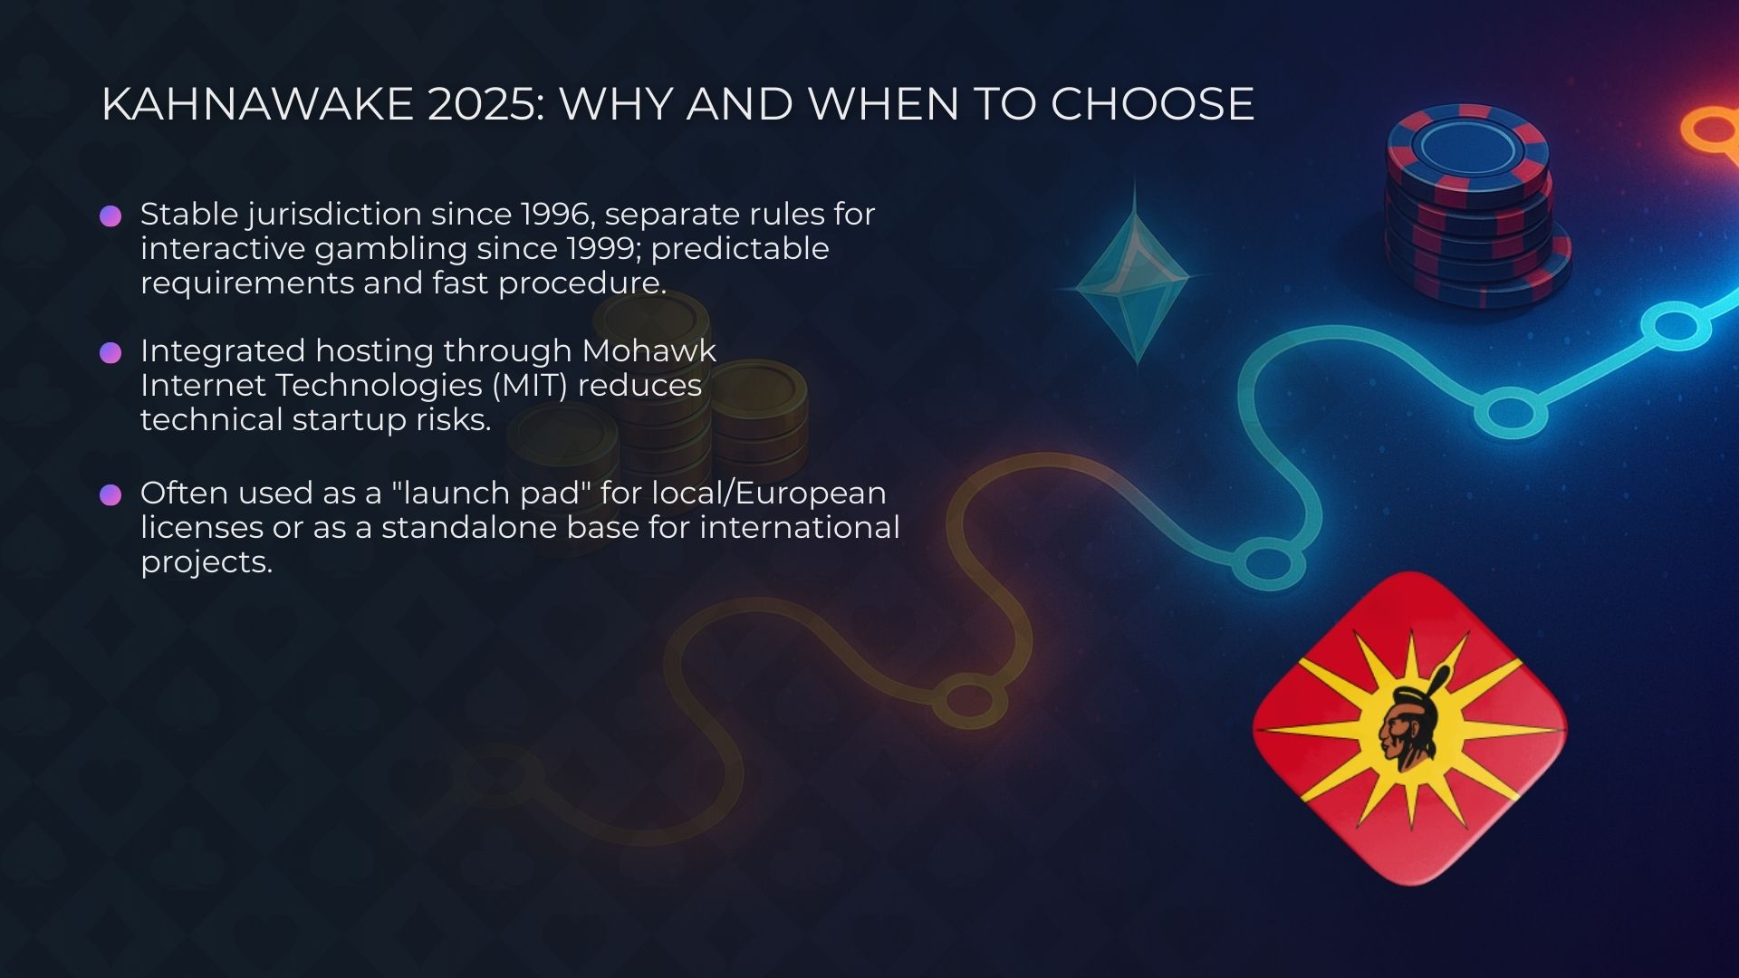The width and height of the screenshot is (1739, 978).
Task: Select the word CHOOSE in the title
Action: (x=1152, y=104)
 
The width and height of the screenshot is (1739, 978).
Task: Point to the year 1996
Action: (x=557, y=215)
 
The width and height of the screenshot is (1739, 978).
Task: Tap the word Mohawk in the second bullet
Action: (x=649, y=351)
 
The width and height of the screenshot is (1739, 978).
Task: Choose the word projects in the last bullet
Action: (x=206, y=562)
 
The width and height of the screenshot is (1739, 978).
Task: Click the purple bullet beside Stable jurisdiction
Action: (x=110, y=216)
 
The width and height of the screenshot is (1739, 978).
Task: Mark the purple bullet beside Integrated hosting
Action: (x=110, y=353)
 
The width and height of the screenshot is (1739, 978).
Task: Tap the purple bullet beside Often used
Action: (x=110, y=495)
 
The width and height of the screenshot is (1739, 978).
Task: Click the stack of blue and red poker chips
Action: (x=1473, y=208)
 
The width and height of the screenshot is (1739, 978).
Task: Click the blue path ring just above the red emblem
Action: (x=1268, y=562)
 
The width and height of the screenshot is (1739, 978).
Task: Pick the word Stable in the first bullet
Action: (x=188, y=215)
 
